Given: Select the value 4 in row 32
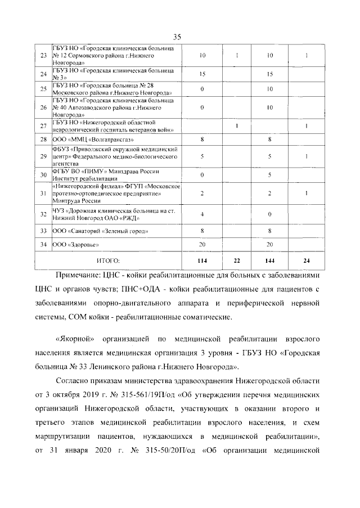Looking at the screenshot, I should click(x=202, y=214).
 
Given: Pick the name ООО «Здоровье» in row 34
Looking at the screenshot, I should click(x=73, y=245).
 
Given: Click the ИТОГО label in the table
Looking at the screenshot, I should click(x=109, y=260).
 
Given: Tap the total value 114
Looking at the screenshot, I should click(x=202, y=260).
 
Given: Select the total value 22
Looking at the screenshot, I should click(x=238, y=260).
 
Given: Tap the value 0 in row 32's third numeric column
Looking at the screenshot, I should click(x=270, y=214).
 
